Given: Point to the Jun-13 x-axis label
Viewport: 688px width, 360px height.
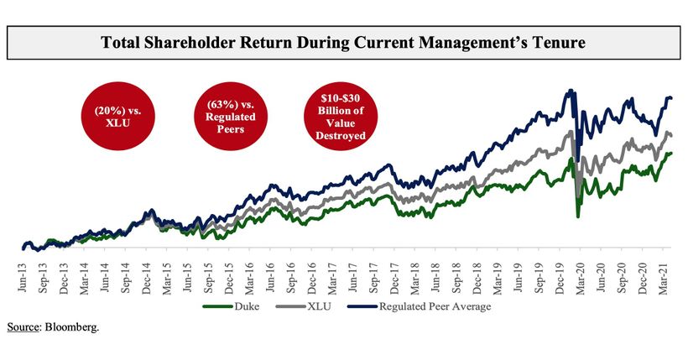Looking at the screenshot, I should pyautogui.click(x=23, y=277).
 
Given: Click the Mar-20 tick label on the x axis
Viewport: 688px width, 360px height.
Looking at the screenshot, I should pyautogui.click(x=579, y=277).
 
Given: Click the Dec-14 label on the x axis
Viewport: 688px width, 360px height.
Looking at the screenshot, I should pyautogui.click(x=146, y=277).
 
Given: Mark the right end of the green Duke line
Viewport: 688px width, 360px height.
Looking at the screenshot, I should pyautogui.click(x=671, y=153).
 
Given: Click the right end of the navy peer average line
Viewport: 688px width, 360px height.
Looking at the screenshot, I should pyautogui.click(x=671, y=98).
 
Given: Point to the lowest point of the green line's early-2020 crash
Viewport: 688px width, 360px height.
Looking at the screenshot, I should pyautogui.click(x=578, y=217).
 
